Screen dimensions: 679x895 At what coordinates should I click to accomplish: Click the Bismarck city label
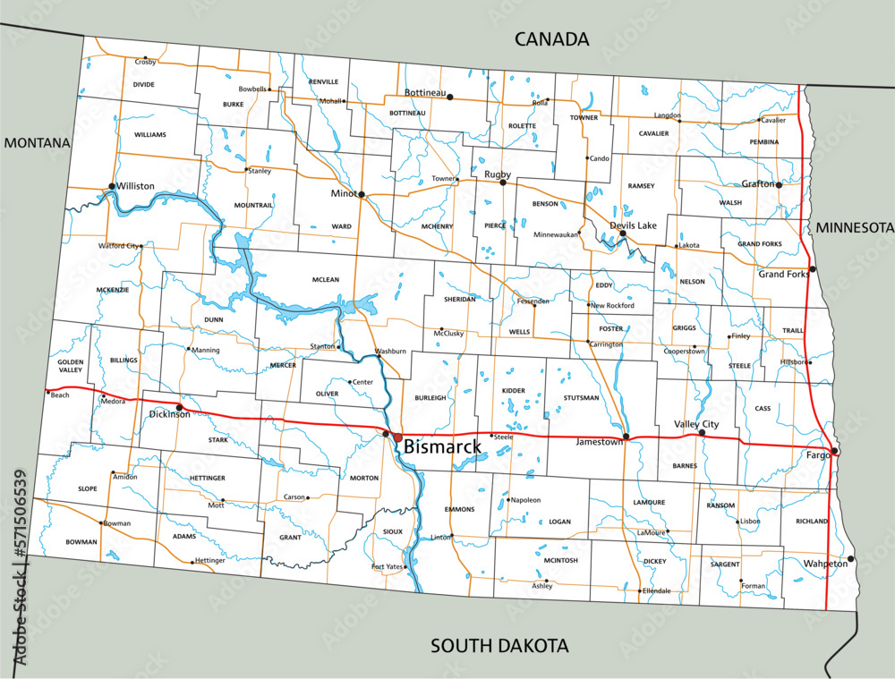tap(442, 446)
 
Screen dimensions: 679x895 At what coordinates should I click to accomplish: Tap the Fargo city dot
tap(834, 451)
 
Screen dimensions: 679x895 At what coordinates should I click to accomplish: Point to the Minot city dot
tap(362, 194)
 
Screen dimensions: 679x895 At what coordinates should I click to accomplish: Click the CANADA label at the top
tap(551, 38)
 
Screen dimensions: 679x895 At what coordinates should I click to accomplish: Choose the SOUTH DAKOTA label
tap(499, 645)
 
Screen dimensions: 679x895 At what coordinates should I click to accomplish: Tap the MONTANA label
tap(36, 142)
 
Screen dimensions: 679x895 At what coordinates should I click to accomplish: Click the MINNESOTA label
tap(855, 227)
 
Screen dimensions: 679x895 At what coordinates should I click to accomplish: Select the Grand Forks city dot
tap(813, 269)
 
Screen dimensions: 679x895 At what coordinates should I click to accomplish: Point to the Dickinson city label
tap(169, 414)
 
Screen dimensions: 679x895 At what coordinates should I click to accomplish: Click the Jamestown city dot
tap(626, 437)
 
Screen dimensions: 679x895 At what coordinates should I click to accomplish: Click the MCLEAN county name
tap(326, 280)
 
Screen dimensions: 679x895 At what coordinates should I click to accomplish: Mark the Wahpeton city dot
tap(851, 559)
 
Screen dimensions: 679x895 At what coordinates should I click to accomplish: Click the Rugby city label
tap(497, 174)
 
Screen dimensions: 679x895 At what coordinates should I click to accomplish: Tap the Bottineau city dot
tap(450, 97)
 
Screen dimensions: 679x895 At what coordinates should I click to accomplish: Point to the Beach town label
tap(60, 395)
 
